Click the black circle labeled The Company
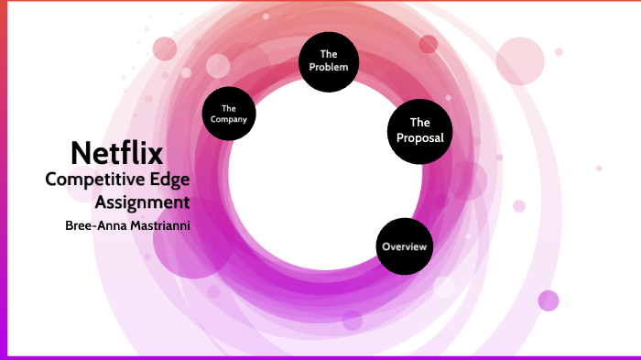tap(229, 114)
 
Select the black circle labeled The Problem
tap(329, 61)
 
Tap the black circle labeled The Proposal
tap(419, 130)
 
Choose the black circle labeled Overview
tap(405, 247)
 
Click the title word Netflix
tap(116, 152)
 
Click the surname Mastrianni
tap(156, 224)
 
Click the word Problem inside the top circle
tap(329, 68)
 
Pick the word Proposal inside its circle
tap(419, 138)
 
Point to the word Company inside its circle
tap(229, 119)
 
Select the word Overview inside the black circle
tap(405, 247)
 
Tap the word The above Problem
tap(329, 54)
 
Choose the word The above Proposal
tap(419, 122)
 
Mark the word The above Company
tap(229, 108)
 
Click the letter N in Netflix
tap(81, 152)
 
